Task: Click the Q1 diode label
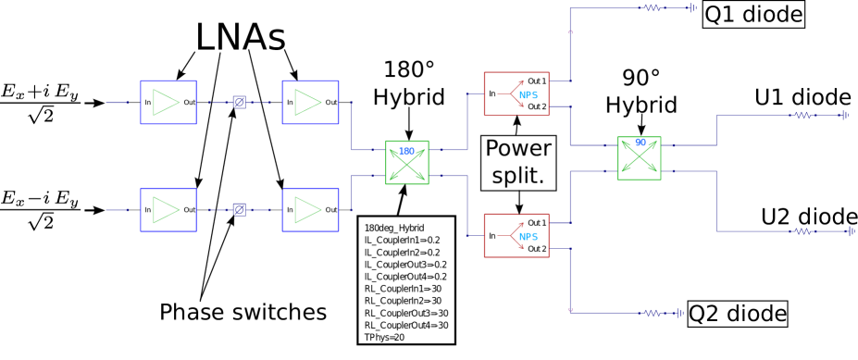click(x=753, y=15)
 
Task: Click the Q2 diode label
click(x=738, y=315)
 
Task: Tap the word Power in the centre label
click(x=518, y=149)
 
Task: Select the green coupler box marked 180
click(x=407, y=163)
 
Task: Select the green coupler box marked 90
click(x=640, y=158)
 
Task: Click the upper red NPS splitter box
click(x=516, y=94)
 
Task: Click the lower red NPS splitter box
click(x=516, y=236)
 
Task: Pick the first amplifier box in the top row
click(x=168, y=103)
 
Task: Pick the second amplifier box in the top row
click(x=310, y=103)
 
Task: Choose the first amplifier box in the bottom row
click(x=168, y=210)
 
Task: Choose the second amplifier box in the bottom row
click(x=310, y=210)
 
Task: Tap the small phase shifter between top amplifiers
click(x=239, y=103)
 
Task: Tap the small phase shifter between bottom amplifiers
click(x=239, y=210)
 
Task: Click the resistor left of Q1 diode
click(x=653, y=8)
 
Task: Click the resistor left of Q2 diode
click(x=653, y=313)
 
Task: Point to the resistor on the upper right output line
click(x=802, y=116)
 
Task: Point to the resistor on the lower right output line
click(x=802, y=231)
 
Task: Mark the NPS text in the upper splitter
click(x=528, y=95)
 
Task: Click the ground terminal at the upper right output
click(x=845, y=116)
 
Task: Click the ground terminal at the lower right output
click(x=850, y=231)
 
